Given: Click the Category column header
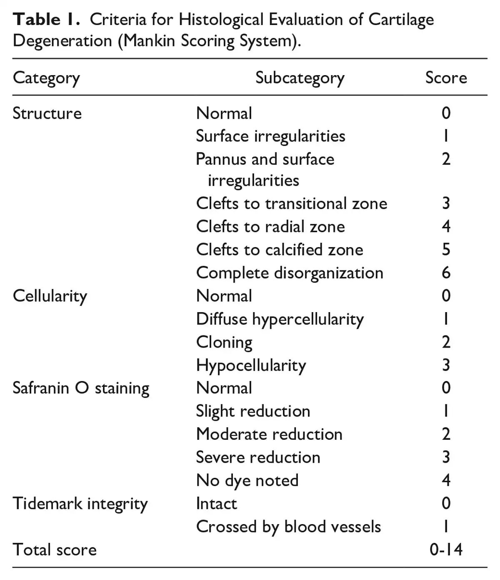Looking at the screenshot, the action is (x=46, y=78).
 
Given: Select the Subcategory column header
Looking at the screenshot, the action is (x=300, y=78).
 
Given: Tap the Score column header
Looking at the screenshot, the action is (x=446, y=78).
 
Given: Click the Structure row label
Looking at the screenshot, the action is (x=47, y=113).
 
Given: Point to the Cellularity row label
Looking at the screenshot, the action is (x=50, y=297).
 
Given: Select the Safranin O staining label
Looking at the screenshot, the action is (x=81, y=388).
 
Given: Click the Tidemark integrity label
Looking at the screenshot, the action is (x=80, y=504).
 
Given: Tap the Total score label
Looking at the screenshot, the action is (x=55, y=550).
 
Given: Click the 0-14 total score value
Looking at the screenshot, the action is (x=446, y=550).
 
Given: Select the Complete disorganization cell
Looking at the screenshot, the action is (x=290, y=273).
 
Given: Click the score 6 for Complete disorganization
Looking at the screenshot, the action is (x=446, y=273).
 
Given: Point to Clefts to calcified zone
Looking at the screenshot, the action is (x=280, y=250).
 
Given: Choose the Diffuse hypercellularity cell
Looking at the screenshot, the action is (x=280, y=320).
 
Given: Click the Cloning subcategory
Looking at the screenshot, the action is (x=224, y=343).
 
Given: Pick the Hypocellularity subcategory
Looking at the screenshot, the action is (x=251, y=366).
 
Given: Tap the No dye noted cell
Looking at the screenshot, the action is (x=247, y=481).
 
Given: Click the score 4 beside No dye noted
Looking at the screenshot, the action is (x=446, y=480).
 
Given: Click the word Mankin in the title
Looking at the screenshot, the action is (x=149, y=41).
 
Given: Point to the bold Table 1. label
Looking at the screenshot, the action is (x=46, y=20).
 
